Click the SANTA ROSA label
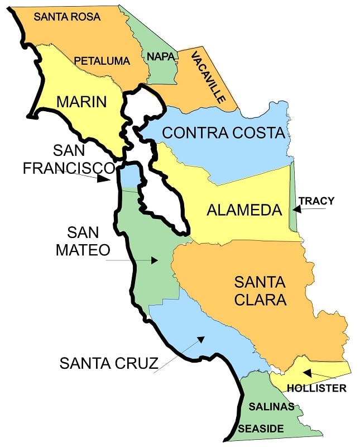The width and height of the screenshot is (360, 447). pyautogui.click(x=67, y=17)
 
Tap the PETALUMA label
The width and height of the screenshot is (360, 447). pyautogui.click(x=102, y=61)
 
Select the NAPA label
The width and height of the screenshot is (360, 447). pyautogui.click(x=160, y=56)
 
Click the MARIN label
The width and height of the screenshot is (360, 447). pyautogui.click(x=81, y=102)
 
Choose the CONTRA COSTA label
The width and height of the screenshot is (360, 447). pyautogui.click(x=223, y=133)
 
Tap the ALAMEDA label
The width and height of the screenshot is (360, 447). pyautogui.click(x=244, y=210)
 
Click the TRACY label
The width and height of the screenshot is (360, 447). pyautogui.click(x=316, y=201)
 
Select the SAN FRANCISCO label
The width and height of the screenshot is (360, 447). pyautogui.click(x=69, y=159)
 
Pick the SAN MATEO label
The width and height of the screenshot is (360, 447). pyautogui.click(x=83, y=241)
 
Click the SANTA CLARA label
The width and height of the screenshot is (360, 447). pyautogui.click(x=260, y=291)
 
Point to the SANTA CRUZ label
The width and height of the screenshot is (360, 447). pyautogui.click(x=109, y=363)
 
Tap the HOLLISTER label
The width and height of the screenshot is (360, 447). pyautogui.click(x=316, y=388)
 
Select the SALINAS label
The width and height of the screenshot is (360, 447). pyautogui.click(x=271, y=407)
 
